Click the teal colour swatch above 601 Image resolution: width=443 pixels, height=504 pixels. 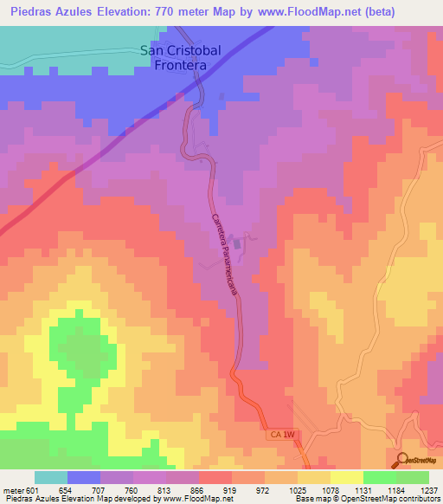pos(50,477)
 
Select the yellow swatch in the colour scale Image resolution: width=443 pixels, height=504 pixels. pos(347,477)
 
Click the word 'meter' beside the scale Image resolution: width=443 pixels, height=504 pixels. pos(12,489)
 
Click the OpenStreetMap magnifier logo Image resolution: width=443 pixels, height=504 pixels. pos(402,460)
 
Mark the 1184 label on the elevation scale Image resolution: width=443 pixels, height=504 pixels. pos(379,489)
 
